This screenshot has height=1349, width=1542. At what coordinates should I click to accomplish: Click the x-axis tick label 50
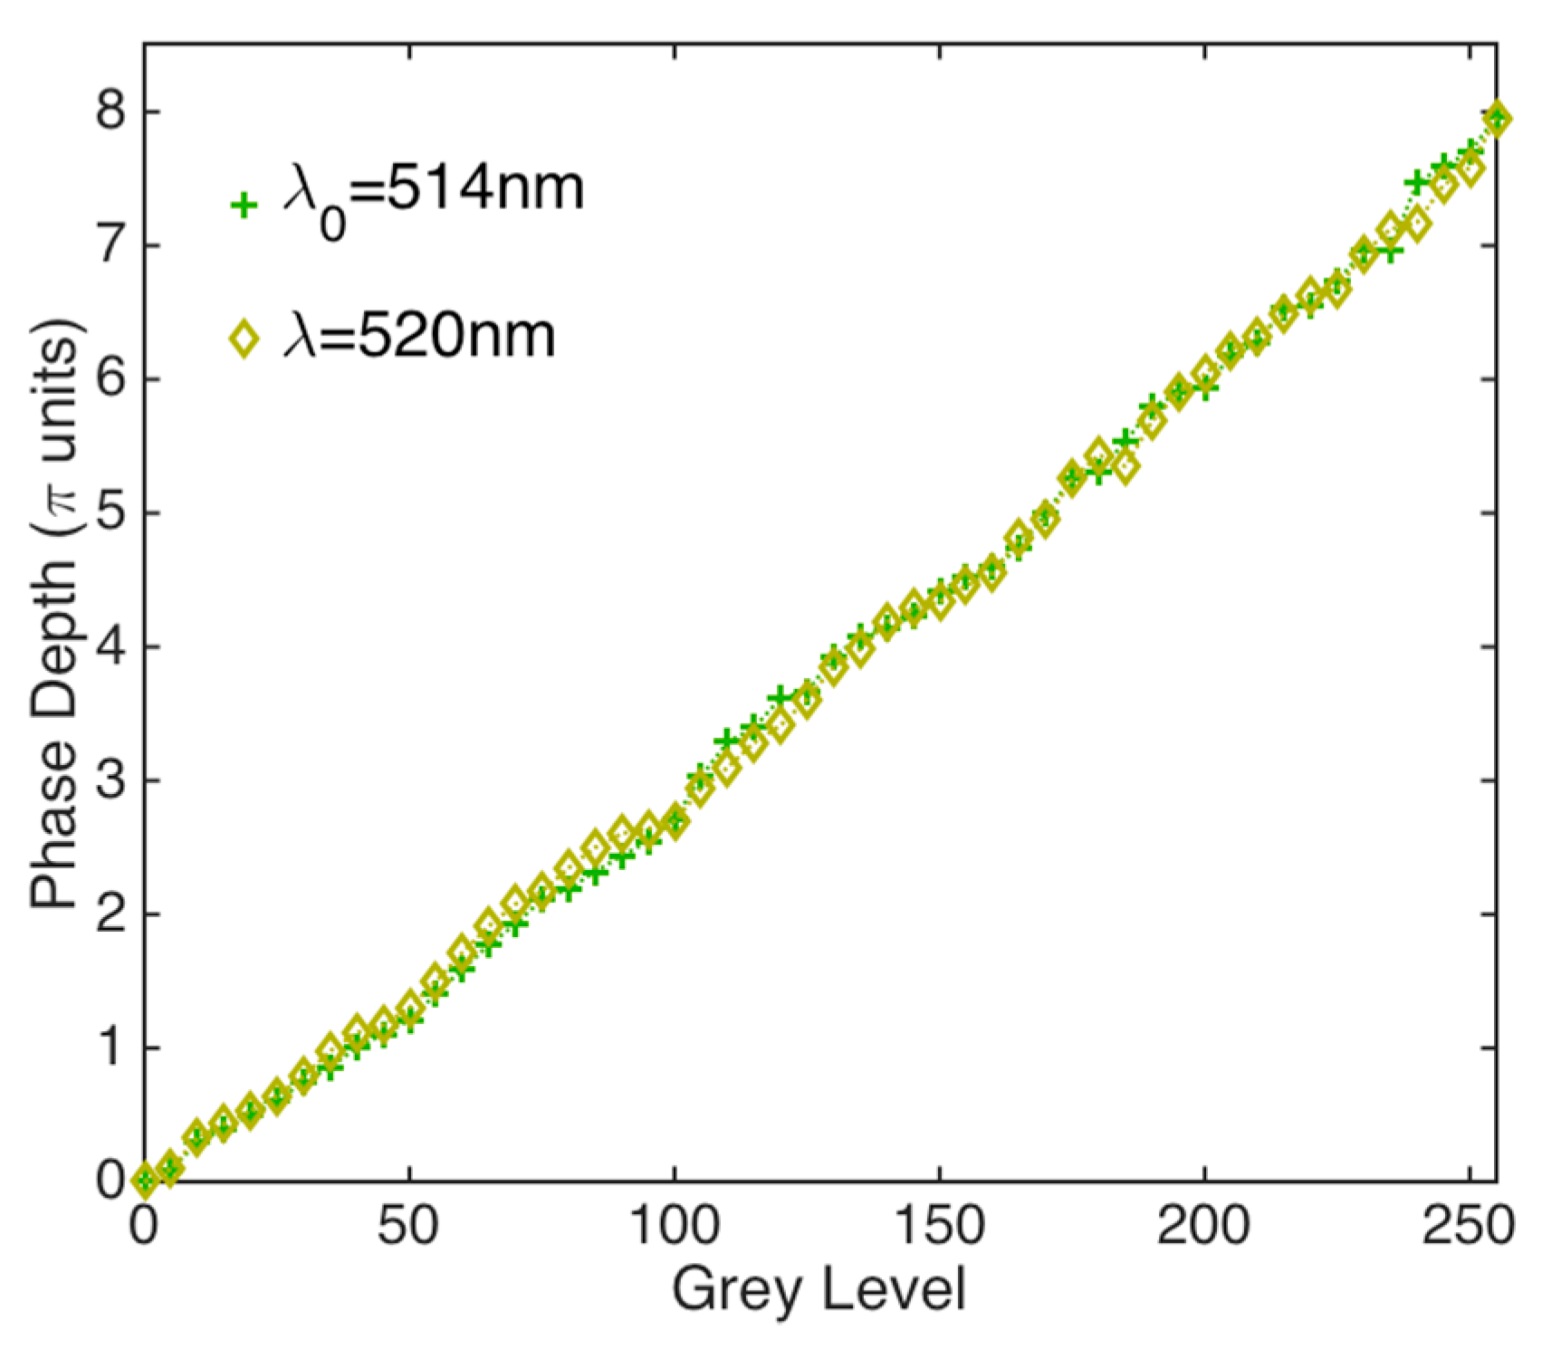pyautogui.click(x=409, y=1228)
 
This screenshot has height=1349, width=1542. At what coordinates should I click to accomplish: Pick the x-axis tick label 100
pyautogui.click(x=675, y=1228)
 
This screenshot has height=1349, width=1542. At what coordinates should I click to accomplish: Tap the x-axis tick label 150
pyautogui.click(x=939, y=1228)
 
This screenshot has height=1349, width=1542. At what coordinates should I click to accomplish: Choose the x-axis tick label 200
pyautogui.click(x=1204, y=1228)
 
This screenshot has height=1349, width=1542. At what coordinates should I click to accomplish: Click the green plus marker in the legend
pyautogui.click(x=243, y=206)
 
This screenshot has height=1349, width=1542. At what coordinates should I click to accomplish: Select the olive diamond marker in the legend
pyautogui.click(x=243, y=340)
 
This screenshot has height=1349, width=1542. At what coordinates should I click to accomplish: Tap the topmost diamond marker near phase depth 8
pyautogui.click(x=1498, y=119)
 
